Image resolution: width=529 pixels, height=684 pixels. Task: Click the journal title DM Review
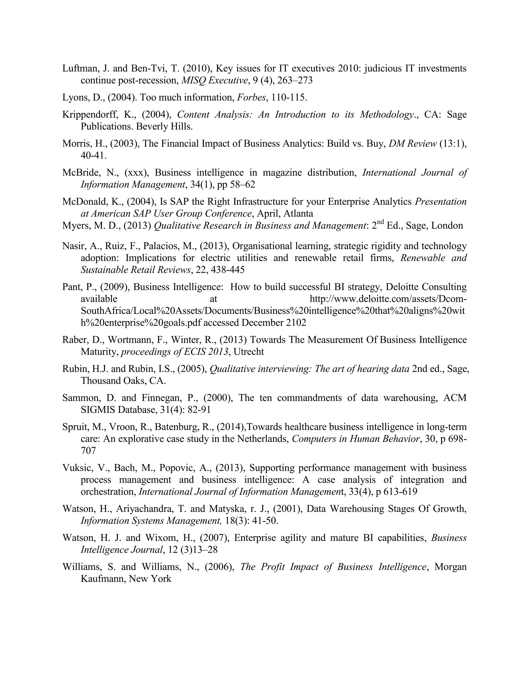[413, 144]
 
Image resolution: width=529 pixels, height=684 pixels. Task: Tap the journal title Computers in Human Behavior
[355, 439]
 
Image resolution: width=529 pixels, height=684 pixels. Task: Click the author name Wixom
[160, 538]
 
